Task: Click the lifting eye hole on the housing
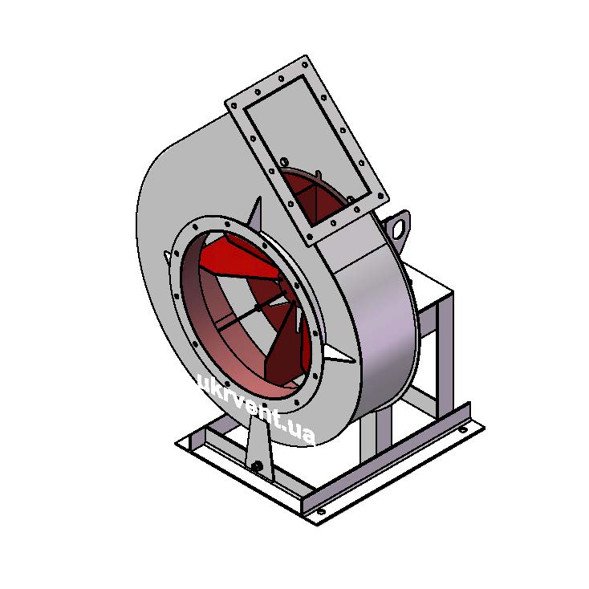pyautogui.click(x=399, y=228)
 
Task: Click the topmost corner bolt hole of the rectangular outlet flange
pyautogui.click(x=306, y=64)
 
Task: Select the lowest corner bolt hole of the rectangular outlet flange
pyautogui.click(x=310, y=237)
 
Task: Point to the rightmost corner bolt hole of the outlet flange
pyautogui.click(x=381, y=196)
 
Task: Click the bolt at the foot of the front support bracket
pyautogui.click(x=257, y=465)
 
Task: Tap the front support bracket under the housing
pyautogui.click(x=259, y=446)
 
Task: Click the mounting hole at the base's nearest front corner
pyautogui.click(x=320, y=512)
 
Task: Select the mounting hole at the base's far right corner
pyautogui.click(x=463, y=429)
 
